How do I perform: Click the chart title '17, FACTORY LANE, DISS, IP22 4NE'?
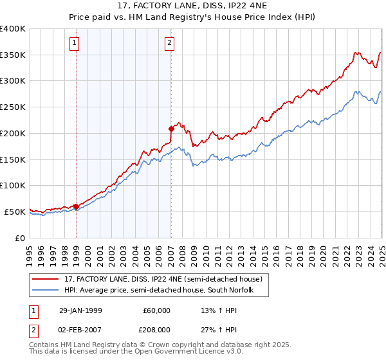click(x=193, y=8)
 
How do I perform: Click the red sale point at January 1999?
click(x=77, y=206)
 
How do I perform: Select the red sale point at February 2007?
click(x=171, y=129)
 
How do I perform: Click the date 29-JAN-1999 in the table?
click(x=80, y=310)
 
